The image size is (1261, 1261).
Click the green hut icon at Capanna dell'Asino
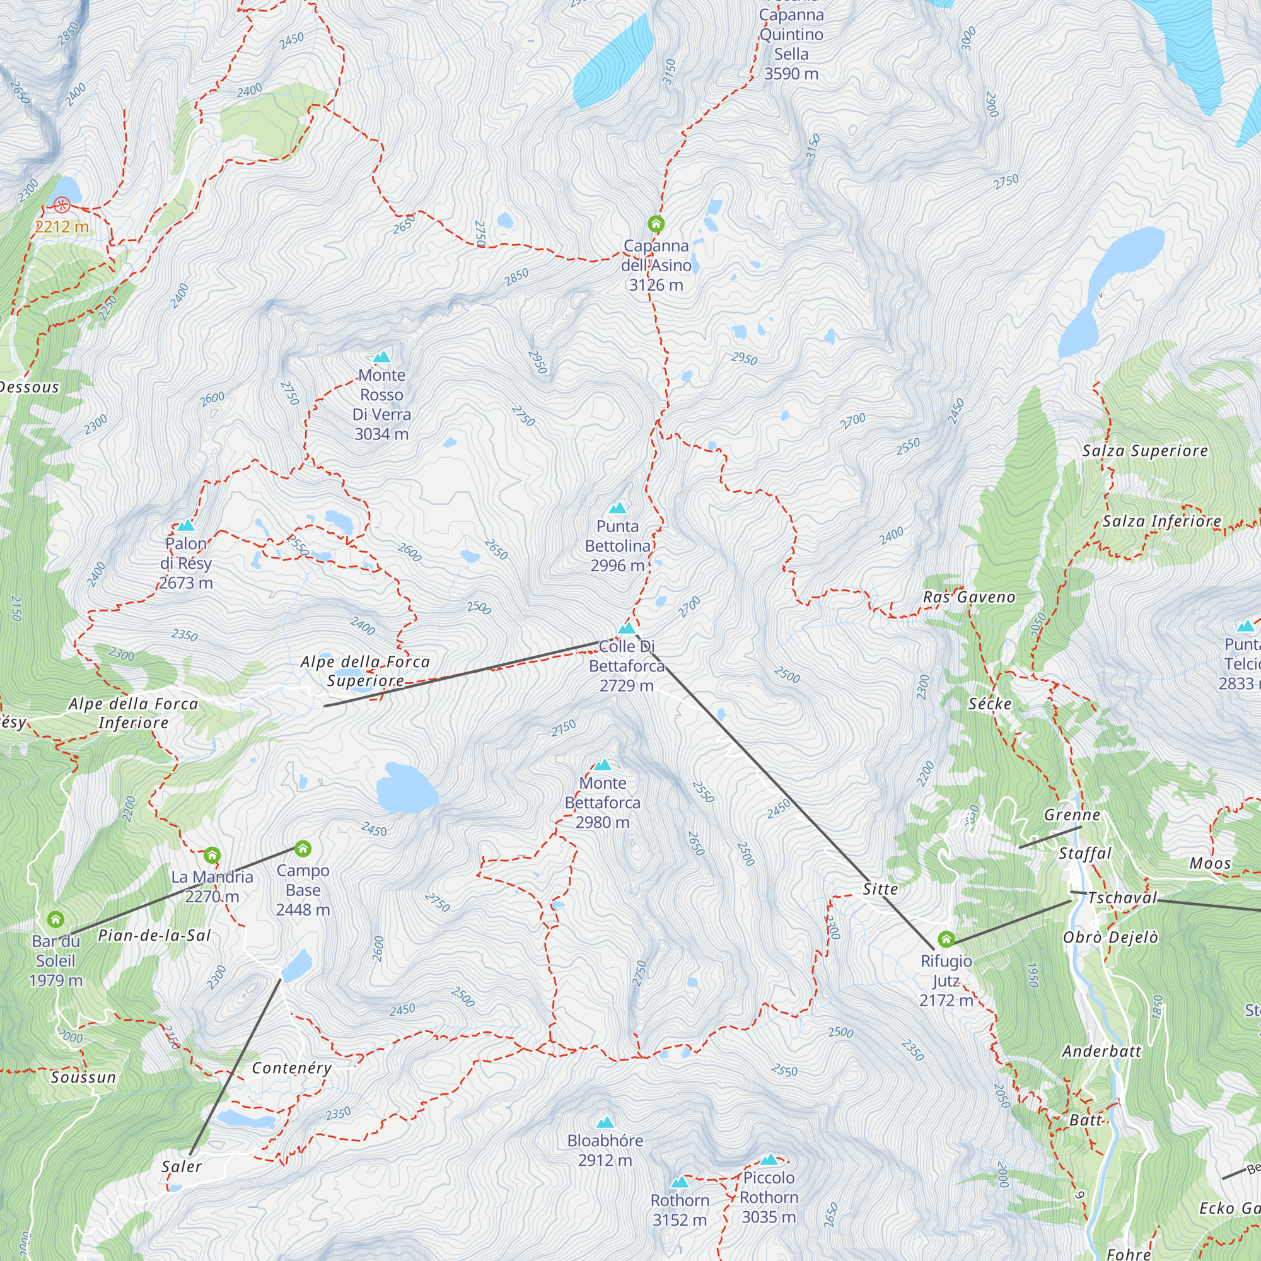656,224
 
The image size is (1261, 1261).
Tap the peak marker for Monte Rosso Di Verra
382,356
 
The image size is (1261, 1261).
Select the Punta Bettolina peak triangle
617,508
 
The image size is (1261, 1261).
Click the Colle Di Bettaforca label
627,666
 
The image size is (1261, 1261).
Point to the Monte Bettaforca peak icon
602,764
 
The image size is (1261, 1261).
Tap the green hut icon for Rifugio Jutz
946,939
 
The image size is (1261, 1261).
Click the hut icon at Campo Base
302,849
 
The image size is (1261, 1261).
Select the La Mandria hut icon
211,855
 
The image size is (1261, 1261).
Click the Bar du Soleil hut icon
56,920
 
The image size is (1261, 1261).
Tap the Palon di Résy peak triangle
186,525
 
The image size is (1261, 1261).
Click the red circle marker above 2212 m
61,206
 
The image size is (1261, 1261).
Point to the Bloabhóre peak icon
605,1122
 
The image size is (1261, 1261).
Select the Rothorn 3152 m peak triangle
680,1182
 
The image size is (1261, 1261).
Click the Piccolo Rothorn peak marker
769,1159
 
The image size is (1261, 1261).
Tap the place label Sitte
880,889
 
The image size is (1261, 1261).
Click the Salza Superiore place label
1145,450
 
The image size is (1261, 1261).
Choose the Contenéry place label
292,1069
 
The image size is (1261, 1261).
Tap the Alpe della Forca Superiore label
366,671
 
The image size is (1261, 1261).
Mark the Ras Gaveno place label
968,597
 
